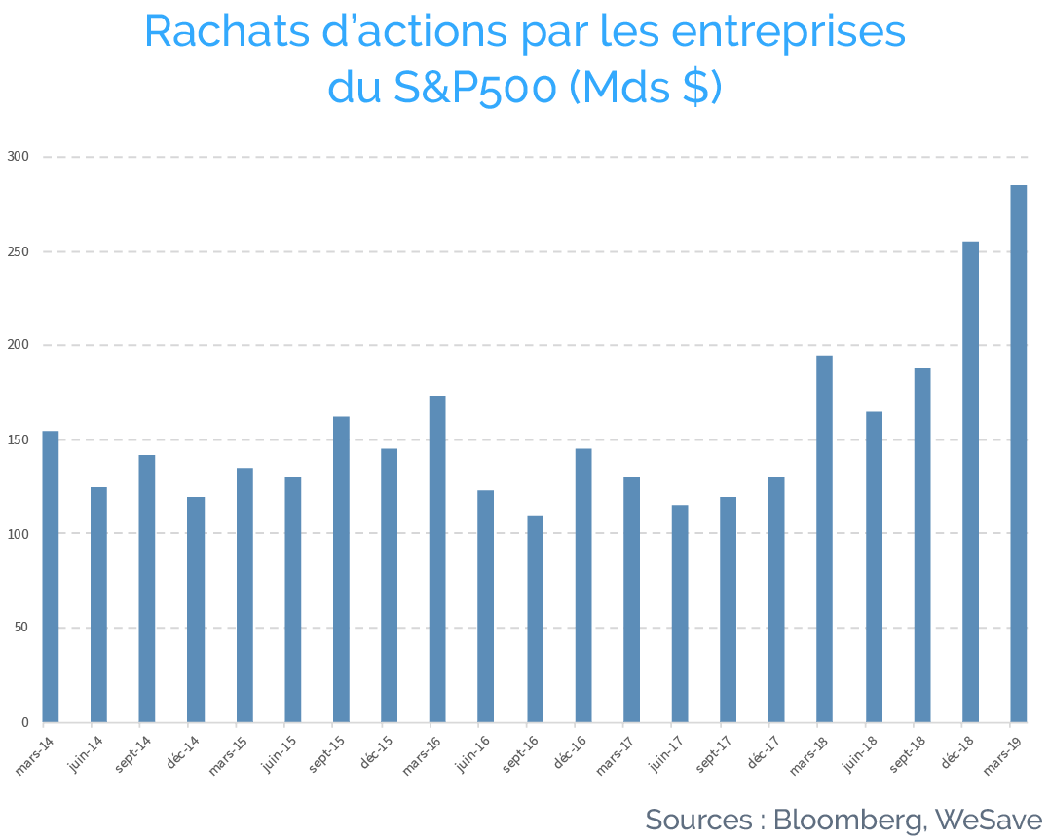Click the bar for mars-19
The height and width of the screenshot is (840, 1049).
pos(1018,454)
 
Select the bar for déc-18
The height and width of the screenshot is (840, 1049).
pos(970,482)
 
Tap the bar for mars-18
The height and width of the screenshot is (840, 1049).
pos(824,539)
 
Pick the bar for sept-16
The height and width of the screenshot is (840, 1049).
pos(535,619)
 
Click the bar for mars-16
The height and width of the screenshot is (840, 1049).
pos(437,559)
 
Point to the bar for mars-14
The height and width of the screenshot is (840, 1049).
pos(51,577)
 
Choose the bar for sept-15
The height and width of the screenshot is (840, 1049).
pos(341,570)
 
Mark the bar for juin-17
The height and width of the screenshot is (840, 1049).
pos(680,614)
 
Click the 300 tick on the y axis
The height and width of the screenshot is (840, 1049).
pos(19,157)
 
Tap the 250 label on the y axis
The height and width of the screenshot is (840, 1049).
pos(19,251)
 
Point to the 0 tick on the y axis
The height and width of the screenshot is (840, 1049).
pos(25,722)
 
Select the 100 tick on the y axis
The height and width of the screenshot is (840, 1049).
pos(19,534)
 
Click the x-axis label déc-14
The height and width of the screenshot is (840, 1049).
pos(183,751)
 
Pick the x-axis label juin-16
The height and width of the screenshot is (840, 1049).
pos(473,753)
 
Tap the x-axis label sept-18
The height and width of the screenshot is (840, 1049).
pos(908,753)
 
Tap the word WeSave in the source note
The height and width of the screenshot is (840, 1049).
pos(989,820)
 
